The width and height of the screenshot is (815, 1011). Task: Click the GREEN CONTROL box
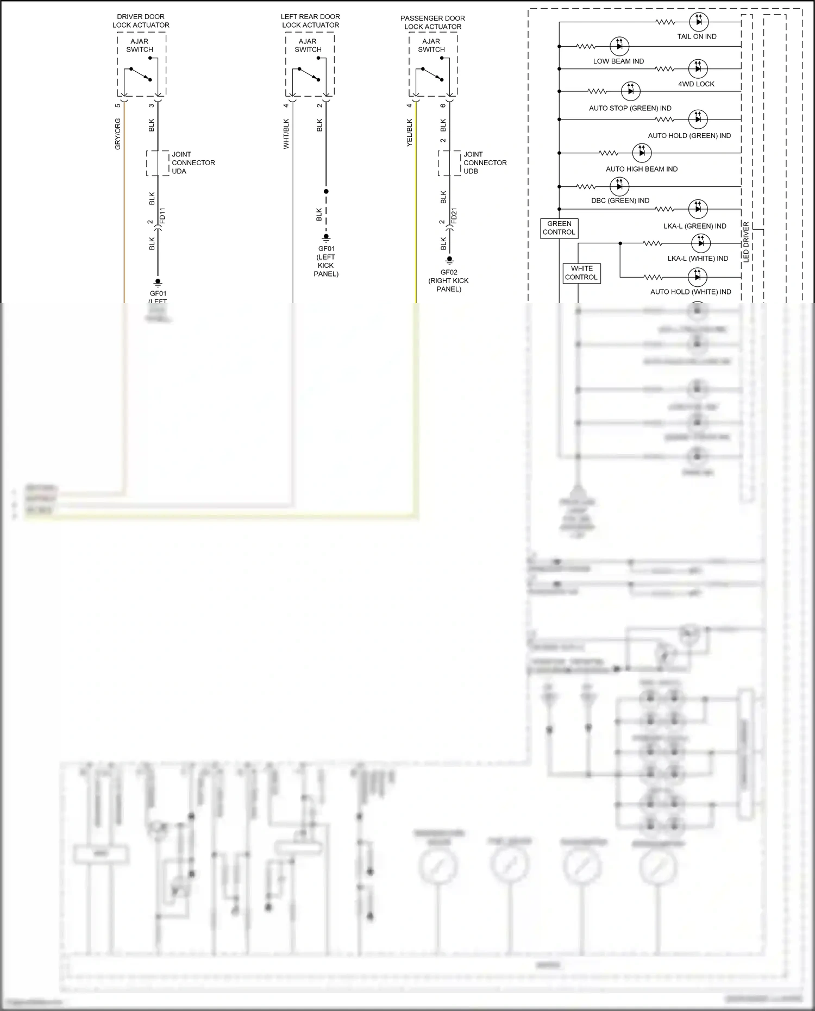559,228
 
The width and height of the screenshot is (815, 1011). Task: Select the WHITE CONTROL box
581,273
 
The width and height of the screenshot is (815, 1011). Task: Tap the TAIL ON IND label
697,36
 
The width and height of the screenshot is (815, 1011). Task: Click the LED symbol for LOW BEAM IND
619,46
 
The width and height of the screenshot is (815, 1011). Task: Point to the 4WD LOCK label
696,84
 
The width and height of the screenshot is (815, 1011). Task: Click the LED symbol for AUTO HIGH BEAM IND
642,153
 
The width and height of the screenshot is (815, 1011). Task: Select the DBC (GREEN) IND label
620,200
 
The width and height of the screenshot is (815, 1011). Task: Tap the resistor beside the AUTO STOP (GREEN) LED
597,91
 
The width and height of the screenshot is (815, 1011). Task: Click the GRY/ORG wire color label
118,134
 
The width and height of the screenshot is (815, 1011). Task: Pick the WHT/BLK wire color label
286,134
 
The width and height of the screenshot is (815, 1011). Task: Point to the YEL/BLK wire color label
410,133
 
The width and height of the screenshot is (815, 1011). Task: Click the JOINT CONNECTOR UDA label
193,162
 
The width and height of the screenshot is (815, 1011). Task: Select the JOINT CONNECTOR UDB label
485,162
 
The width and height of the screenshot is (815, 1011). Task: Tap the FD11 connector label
162,216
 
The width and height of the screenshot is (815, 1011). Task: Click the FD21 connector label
454,216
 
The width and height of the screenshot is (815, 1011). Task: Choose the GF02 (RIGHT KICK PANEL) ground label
449,281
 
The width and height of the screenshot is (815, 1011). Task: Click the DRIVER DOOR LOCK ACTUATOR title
141,21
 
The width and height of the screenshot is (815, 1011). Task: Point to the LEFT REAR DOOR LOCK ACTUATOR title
310,21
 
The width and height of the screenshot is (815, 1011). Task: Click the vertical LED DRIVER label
746,242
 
